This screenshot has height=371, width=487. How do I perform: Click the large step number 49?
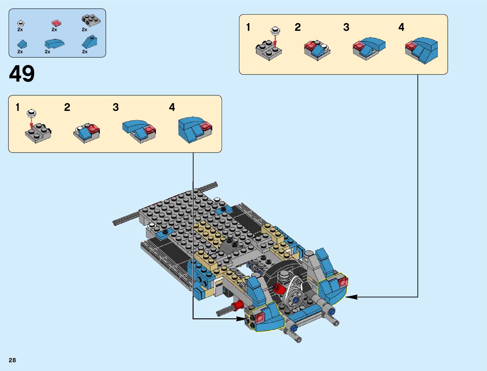(22, 74)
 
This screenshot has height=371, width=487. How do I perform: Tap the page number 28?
(12, 360)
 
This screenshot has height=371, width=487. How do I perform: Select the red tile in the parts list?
(56, 23)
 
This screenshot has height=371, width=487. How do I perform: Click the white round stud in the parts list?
(21, 24)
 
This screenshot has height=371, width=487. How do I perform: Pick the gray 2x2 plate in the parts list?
(91, 21)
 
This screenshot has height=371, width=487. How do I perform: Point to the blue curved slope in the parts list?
(54, 44)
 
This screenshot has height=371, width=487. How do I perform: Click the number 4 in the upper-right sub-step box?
(401, 27)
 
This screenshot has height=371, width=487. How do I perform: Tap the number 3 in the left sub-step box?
(115, 107)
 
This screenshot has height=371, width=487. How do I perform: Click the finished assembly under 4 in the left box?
(195, 130)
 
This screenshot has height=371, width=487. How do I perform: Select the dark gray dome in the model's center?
(231, 246)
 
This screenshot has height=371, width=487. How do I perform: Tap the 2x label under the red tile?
(54, 30)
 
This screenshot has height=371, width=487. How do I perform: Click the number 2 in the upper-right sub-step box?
(297, 27)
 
